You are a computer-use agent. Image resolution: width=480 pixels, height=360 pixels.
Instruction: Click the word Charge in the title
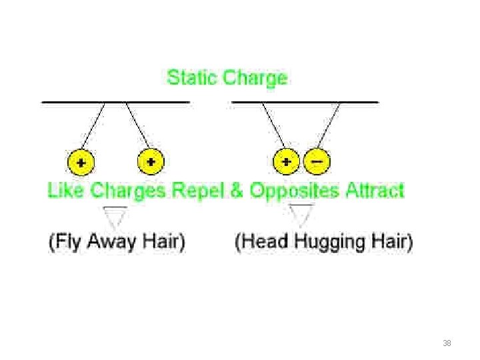click(255, 79)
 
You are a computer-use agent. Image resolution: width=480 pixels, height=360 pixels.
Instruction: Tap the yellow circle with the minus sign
click(316, 161)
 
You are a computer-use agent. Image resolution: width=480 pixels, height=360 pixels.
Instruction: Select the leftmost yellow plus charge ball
click(81, 162)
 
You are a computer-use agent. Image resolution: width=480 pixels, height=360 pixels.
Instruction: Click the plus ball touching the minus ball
click(287, 161)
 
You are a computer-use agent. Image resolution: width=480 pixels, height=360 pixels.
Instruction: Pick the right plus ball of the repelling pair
click(151, 162)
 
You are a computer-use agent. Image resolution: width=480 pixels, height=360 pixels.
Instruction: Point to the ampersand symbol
click(237, 191)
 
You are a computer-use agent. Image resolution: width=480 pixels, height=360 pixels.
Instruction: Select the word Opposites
click(295, 191)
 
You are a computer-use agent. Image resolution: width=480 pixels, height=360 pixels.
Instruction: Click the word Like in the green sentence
click(65, 191)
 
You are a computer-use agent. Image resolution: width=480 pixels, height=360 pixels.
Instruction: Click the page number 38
click(447, 343)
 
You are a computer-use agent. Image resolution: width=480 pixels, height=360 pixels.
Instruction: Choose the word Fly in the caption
click(69, 241)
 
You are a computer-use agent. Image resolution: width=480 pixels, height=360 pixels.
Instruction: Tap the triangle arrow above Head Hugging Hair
click(303, 215)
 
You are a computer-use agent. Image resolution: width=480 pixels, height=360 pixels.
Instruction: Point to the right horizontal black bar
click(305, 102)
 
